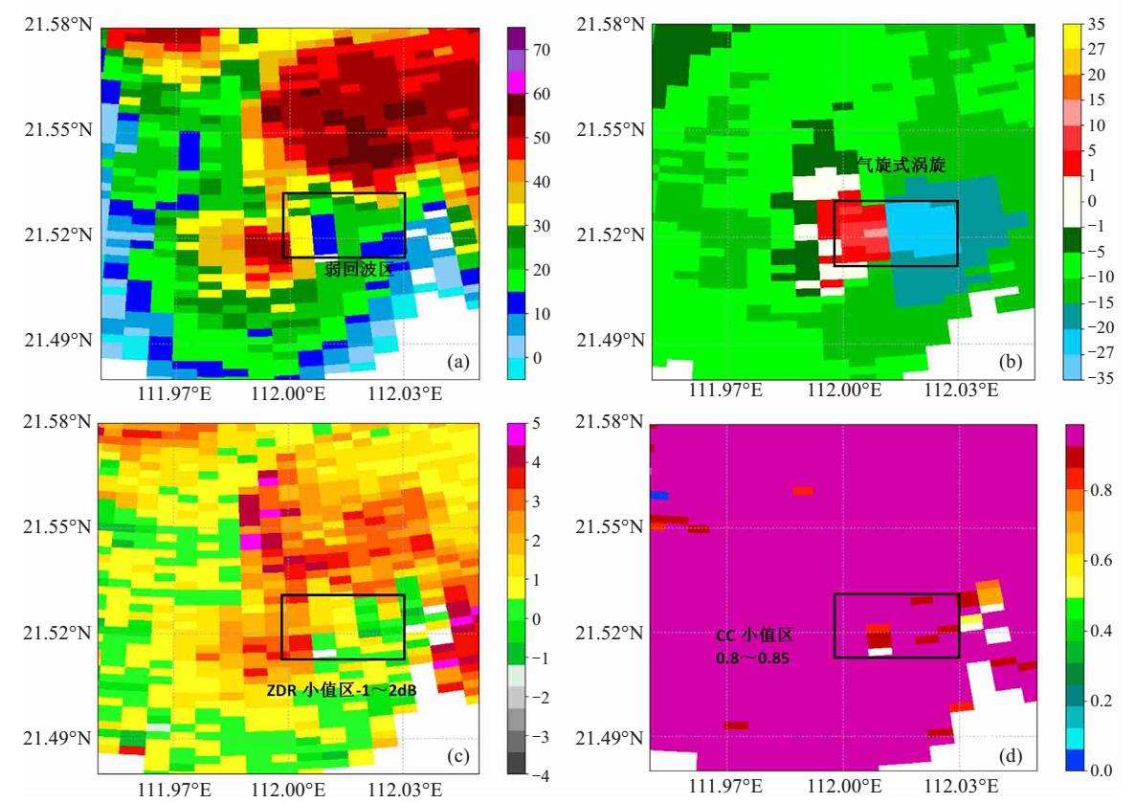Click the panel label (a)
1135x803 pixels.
(459, 362)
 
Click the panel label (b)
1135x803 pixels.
(1011, 362)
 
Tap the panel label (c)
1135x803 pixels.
(459, 757)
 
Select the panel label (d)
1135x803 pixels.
(1011, 757)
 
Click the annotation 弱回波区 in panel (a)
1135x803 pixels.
(359, 269)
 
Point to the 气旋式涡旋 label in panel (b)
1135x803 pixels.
(901, 165)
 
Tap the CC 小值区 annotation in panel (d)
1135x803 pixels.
(754, 636)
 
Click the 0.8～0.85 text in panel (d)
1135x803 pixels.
(753, 658)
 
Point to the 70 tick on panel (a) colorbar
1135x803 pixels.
(542, 50)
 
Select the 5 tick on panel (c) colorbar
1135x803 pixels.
(536, 424)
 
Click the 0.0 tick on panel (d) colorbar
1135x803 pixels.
(1101, 770)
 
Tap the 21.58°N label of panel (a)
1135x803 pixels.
(58, 25)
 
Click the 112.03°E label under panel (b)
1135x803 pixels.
(961, 390)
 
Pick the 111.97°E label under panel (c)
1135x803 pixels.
(174, 789)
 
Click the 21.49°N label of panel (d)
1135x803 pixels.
(609, 738)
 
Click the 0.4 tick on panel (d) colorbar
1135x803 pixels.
(1101, 631)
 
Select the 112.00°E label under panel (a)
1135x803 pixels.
(289, 393)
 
